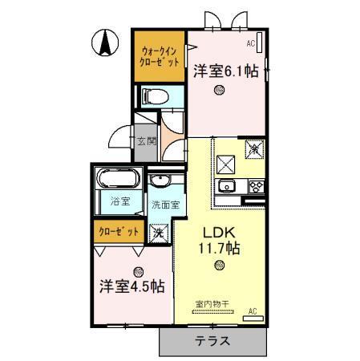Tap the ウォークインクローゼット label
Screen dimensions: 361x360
(x=158, y=55)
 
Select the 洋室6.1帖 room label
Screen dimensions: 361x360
(x=225, y=71)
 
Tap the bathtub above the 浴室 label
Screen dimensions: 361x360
(x=119, y=179)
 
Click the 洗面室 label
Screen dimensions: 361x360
(x=165, y=205)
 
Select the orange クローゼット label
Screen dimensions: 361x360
(x=119, y=232)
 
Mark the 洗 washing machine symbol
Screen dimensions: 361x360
(x=160, y=233)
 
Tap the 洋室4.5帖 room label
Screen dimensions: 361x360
(x=132, y=286)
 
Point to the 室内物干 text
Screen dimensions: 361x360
(x=212, y=304)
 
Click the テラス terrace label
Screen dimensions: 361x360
(x=212, y=340)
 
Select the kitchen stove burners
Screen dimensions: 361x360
(x=257, y=187)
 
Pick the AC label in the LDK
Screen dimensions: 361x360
(x=252, y=310)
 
